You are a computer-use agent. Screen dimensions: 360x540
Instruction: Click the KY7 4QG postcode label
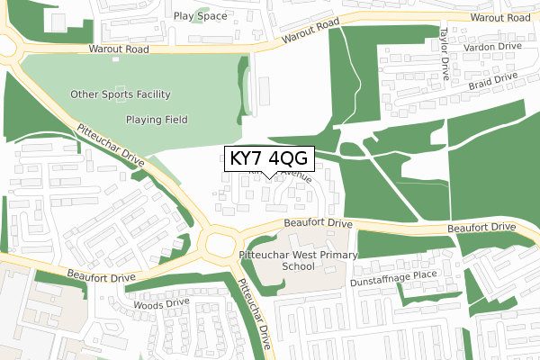click(269, 158)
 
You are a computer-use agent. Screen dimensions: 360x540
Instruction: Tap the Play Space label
click(201, 16)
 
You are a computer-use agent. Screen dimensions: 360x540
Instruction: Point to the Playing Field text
click(156, 119)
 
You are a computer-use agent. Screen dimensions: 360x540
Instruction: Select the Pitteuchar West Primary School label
click(298, 261)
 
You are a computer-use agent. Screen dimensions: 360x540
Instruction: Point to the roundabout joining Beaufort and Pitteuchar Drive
click(218, 240)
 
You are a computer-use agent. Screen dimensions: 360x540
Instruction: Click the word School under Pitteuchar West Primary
click(298, 267)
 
